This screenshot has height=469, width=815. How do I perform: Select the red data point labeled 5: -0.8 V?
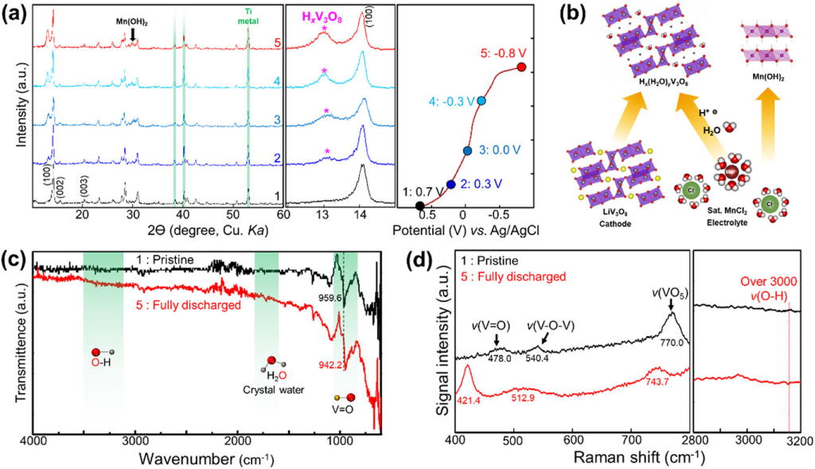point(521,68)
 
